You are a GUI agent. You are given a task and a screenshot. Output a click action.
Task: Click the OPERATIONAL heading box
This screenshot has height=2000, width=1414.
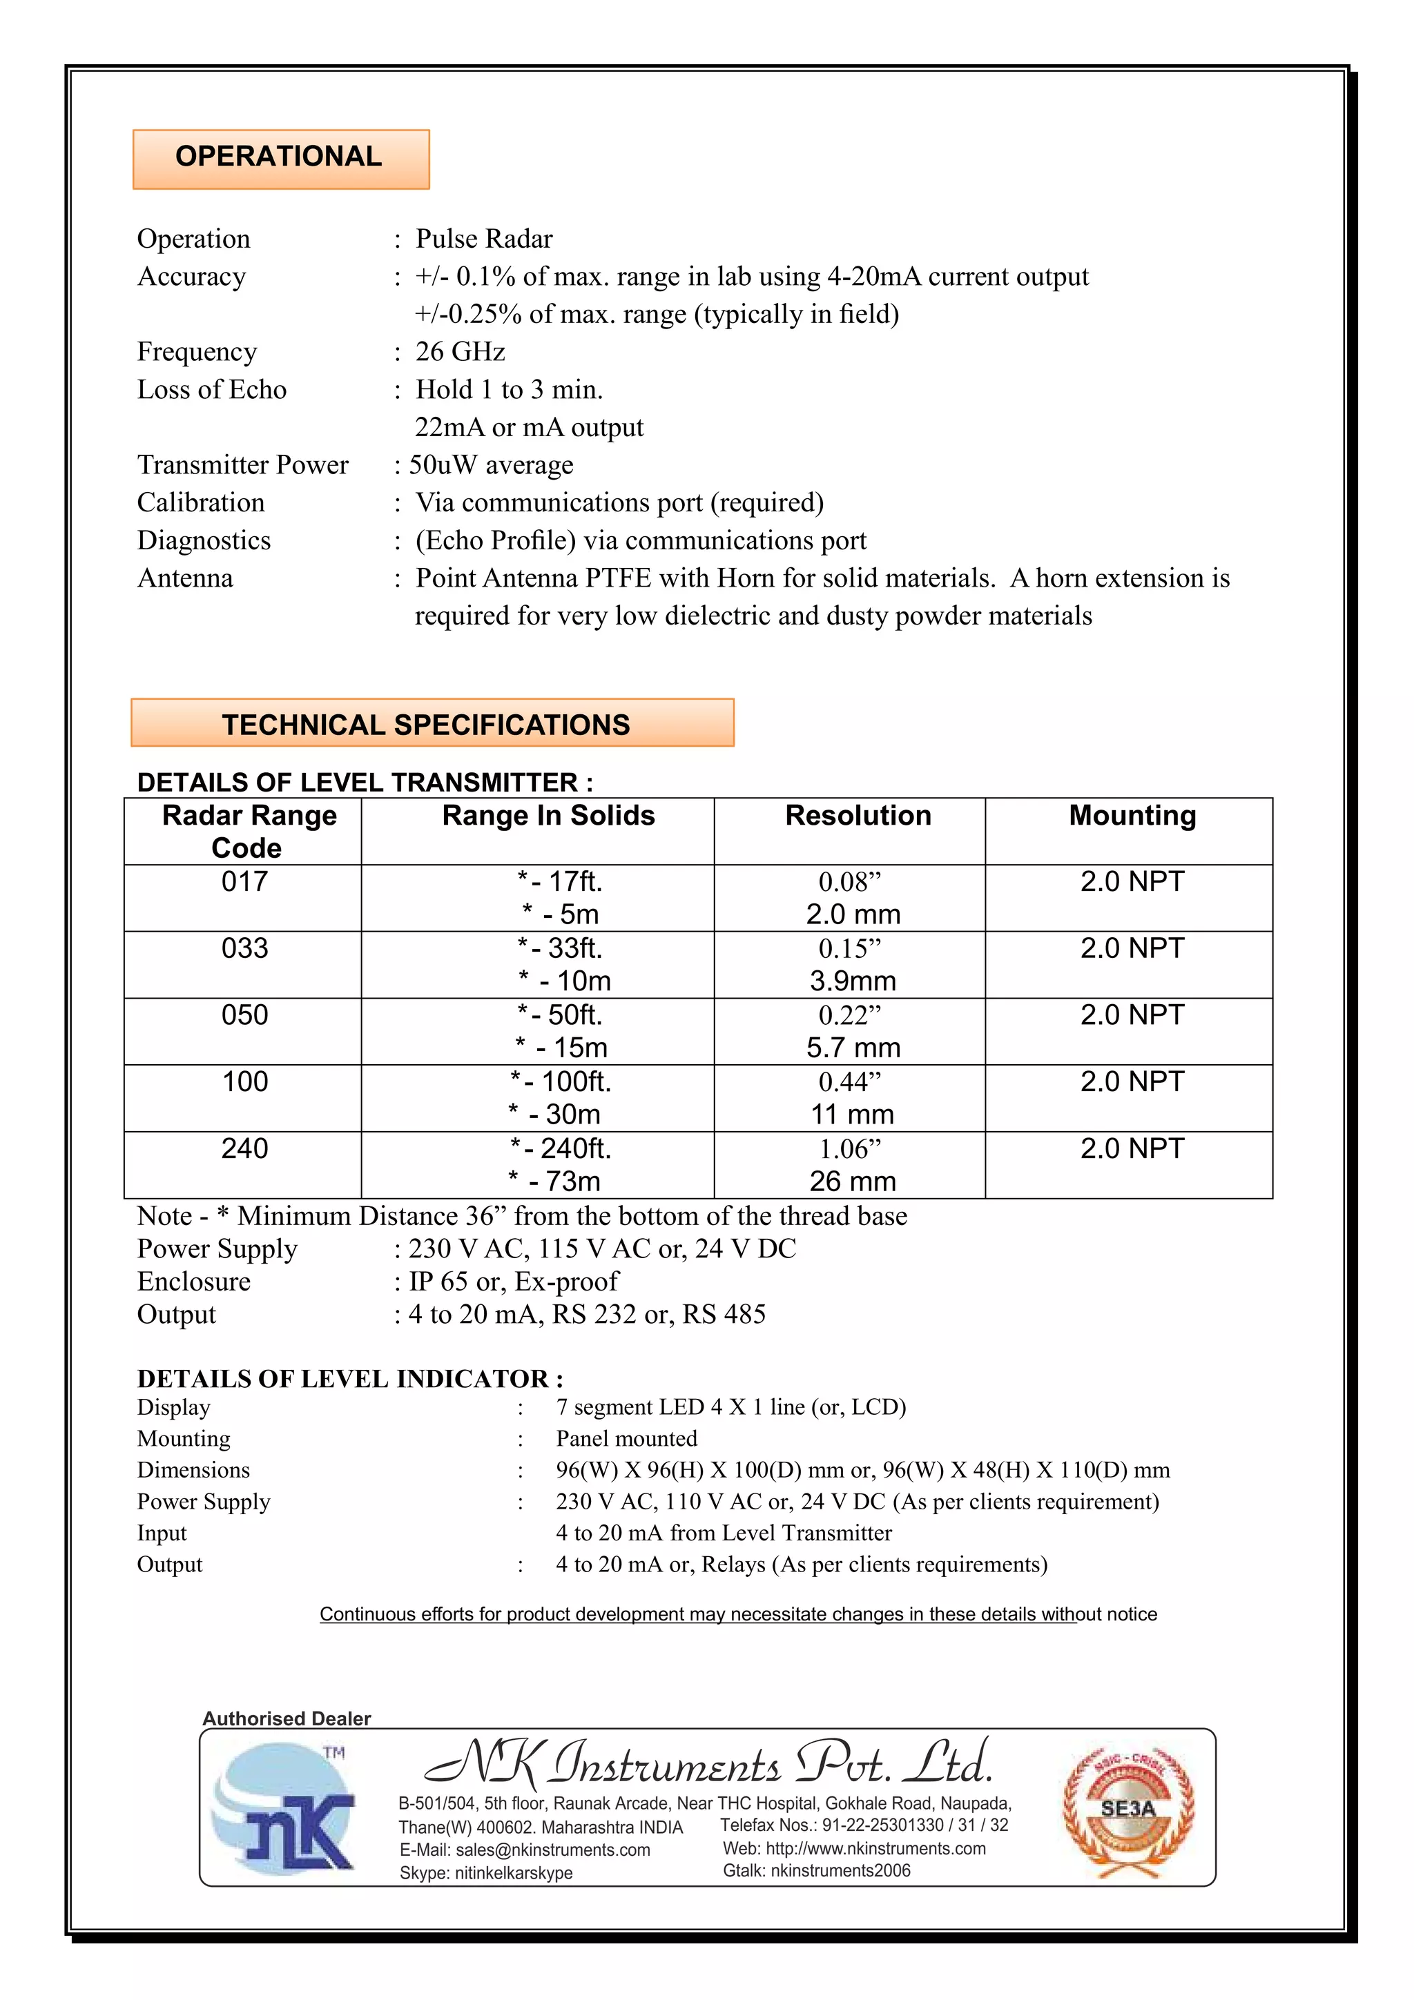[280, 159]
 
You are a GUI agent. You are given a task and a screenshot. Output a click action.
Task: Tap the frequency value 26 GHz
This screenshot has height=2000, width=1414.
[460, 351]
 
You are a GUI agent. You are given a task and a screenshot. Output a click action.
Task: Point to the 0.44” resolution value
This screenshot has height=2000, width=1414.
[849, 1083]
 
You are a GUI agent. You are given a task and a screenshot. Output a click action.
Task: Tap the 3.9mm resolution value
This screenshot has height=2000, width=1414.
[852, 981]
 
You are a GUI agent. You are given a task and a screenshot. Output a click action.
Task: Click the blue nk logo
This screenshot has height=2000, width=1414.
[285, 1807]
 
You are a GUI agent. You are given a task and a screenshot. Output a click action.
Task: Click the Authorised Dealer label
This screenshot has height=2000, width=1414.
[287, 1718]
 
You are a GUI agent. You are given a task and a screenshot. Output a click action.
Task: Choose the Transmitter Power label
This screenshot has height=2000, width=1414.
[242, 464]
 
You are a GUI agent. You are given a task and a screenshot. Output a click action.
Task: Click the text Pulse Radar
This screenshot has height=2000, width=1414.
[483, 239]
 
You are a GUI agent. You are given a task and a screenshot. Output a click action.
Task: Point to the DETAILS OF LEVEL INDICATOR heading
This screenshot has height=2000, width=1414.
[349, 1378]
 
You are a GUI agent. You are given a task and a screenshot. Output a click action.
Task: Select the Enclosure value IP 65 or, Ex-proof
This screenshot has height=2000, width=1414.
[513, 1282]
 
